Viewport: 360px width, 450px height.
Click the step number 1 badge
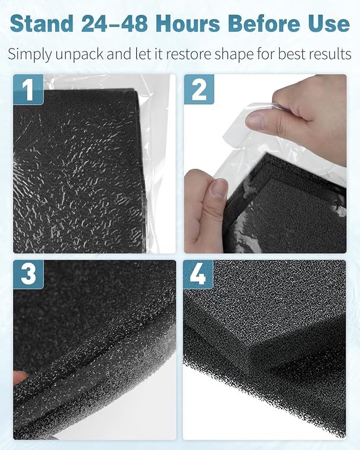coord(28,89)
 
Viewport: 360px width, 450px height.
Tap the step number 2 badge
coord(198,89)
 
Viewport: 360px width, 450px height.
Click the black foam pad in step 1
coord(80,170)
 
